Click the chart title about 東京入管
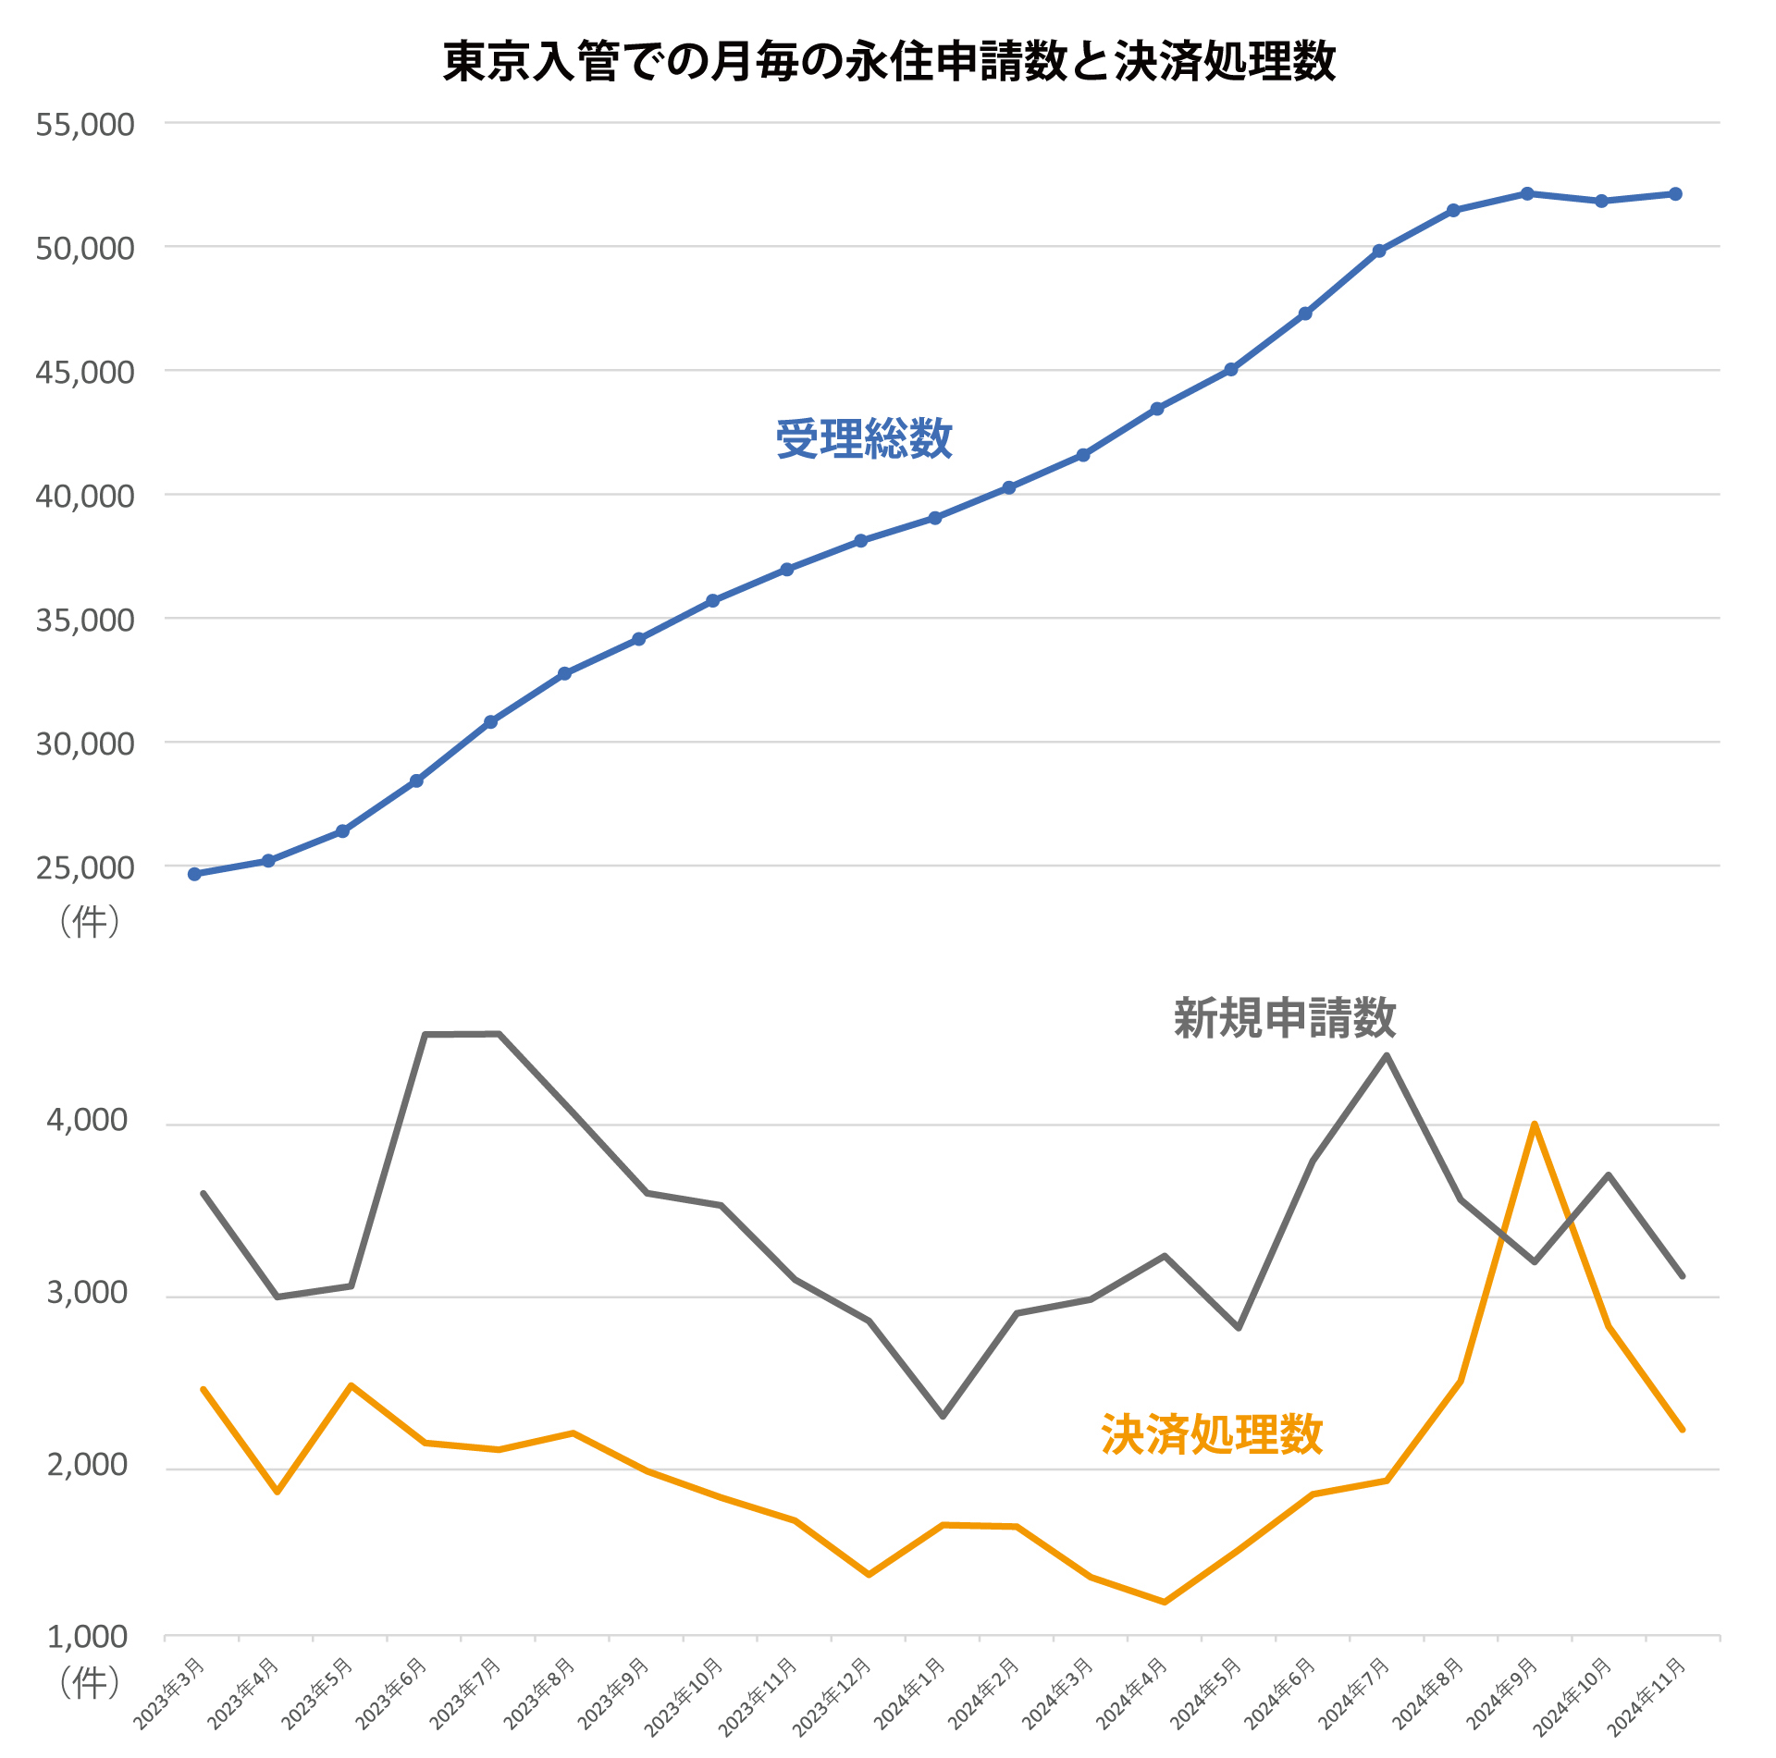pos(889,62)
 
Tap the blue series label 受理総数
pos(863,438)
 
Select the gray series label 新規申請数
pos(1284,1018)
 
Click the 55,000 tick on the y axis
pos(85,124)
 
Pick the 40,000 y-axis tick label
pos(85,496)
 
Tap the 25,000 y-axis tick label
pos(85,867)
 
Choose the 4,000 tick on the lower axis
pos(87,1120)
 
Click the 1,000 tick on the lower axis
pos(87,1636)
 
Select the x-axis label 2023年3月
pos(171,1693)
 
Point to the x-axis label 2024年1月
pos(911,1693)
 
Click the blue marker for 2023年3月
pos(194,874)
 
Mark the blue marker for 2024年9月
pos(1527,193)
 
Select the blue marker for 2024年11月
pos(1675,194)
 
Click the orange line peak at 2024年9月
pos(1535,1125)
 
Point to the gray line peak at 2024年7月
pos(1387,1055)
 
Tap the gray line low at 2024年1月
pos(943,1416)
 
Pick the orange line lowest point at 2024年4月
pos(1165,1602)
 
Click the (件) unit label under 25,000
pos(90,921)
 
